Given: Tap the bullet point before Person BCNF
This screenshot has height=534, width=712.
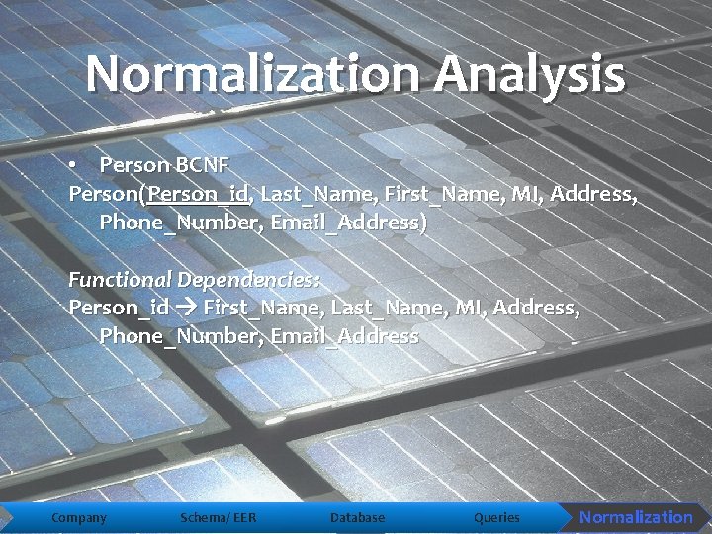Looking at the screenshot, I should point(74,163).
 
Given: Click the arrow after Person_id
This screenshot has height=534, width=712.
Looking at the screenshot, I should point(186,308).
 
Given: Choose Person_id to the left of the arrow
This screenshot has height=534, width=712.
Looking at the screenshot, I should point(119,308).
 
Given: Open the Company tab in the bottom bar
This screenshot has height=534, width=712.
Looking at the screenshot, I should point(79,517).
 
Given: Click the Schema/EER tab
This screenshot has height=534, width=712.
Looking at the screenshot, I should point(219,517).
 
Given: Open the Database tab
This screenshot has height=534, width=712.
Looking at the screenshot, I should point(357,517).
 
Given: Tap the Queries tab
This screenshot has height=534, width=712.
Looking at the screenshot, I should point(496,517).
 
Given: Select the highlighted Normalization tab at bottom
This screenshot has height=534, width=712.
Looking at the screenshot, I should point(636,517).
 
